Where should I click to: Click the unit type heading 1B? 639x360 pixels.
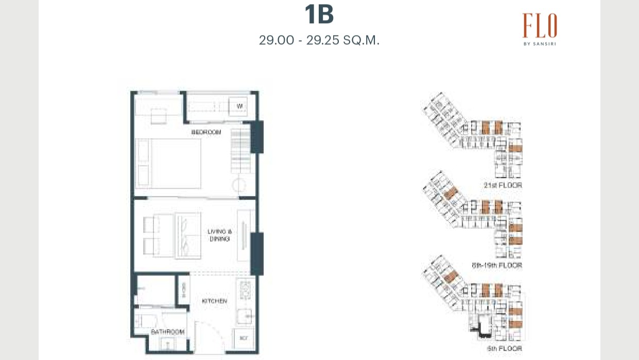[319, 15]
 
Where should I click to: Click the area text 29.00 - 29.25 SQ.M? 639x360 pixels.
[319, 40]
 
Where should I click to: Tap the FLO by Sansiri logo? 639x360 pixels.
[540, 28]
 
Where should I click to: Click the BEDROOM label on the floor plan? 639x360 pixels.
[206, 133]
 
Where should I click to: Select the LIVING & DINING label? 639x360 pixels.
[219, 236]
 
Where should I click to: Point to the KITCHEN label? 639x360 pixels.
[215, 301]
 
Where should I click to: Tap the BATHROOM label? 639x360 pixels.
[167, 332]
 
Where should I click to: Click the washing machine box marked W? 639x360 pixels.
[239, 106]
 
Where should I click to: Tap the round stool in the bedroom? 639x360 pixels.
[239, 186]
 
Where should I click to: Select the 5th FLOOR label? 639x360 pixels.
[504, 349]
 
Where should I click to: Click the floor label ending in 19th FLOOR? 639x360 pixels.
[497, 265]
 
